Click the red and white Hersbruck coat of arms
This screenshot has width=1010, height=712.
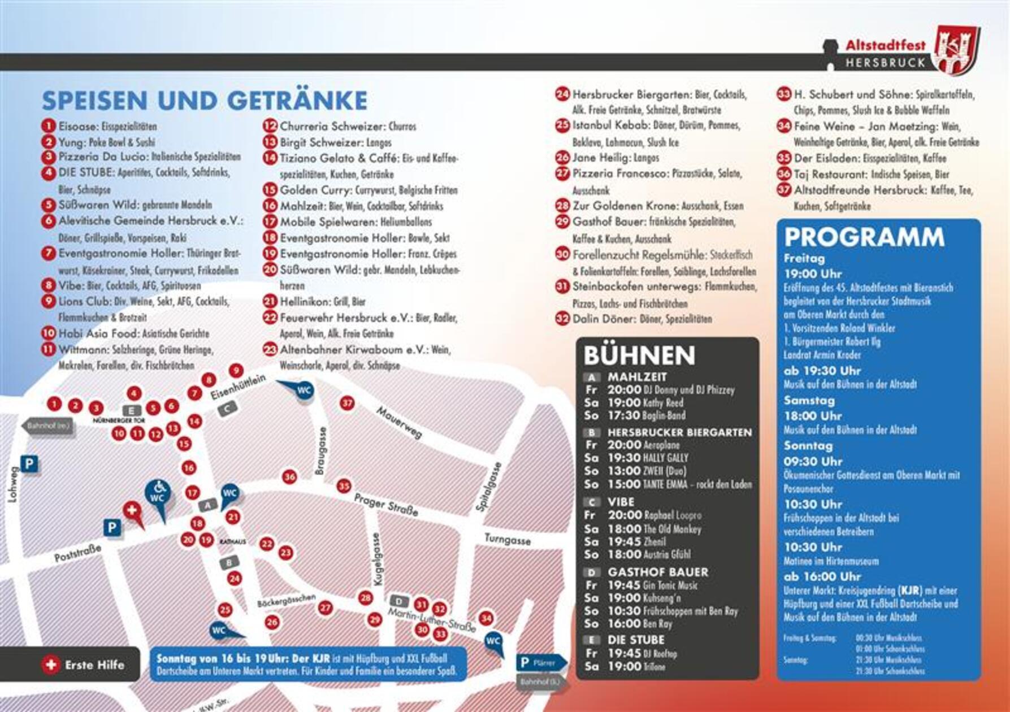pyautogui.click(x=957, y=50)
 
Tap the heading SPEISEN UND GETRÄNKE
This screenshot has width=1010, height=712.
pyautogui.click(x=205, y=101)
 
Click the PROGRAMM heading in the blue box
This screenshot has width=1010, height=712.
pyautogui.click(x=864, y=237)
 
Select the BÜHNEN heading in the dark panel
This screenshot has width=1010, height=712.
pyautogui.click(x=639, y=355)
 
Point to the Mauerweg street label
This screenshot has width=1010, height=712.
pyautogui.click(x=400, y=423)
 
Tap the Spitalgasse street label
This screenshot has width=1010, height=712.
pyautogui.click(x=489, y=487)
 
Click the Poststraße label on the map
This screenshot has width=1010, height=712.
pyautogui.click(x=77, y=553)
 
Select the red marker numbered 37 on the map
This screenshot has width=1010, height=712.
pyautogui.click(x=347, y=403)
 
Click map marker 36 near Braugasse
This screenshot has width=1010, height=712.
pyautogui.click(x=289, y=477)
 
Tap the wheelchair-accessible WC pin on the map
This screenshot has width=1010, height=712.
pyautogui.click(x=158, y=493)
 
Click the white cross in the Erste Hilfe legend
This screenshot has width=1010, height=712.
pyautogui.click(x=51, y=665)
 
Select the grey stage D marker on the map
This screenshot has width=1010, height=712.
pyautogui.click(x=399, y=601)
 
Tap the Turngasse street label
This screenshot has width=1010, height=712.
pyautogui.click(x=507, y=540)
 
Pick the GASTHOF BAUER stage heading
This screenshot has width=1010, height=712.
pyautogui.click(x=658, y=572)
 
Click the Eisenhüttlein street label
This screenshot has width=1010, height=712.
pyautogui.click(x=238, y=388)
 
